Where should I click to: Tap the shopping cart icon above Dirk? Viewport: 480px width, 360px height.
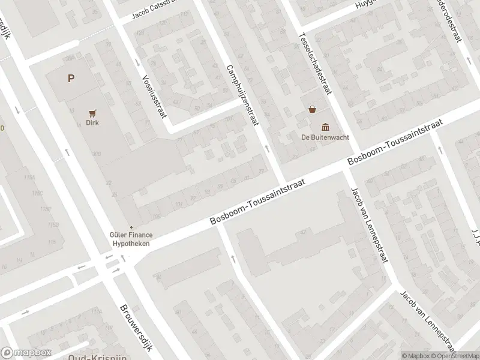tap(92, 112)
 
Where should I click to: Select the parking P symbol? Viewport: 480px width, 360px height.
tap(71, 78)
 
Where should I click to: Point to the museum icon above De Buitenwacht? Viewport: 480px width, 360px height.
tap(325, 126)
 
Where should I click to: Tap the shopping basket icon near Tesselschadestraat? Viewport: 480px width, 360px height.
tap(312, 110)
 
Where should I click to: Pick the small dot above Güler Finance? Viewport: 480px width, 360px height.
tap(131, 227)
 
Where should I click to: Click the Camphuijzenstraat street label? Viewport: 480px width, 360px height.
tap(242, 95)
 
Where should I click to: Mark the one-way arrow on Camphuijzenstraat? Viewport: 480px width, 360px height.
tap(266, 148)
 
